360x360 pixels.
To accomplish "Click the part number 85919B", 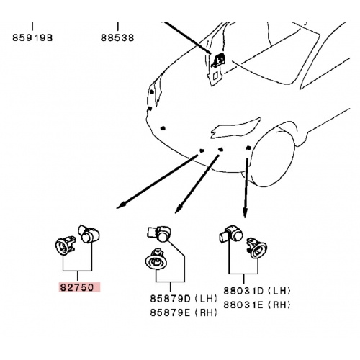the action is (32, 38).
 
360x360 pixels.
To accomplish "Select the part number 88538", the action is (117, 38).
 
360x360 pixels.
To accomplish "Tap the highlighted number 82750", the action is (77, 287).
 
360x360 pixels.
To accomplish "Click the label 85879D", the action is (170, 299).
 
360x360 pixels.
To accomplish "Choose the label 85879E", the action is (170, 312).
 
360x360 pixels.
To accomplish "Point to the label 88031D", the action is (243, 291).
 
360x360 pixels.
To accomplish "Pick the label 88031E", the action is (243, 305).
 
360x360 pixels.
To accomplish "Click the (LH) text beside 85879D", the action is (206, 299).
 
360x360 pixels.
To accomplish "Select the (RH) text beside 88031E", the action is (279, 305).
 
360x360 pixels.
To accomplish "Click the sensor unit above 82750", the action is (89, 234).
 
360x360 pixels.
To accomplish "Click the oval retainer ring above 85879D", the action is (156, 260).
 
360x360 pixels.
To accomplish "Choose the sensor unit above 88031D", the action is (230, 234).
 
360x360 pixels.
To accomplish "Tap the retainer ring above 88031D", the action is (257, 248).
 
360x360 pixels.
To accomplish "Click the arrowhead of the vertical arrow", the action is (245, 212).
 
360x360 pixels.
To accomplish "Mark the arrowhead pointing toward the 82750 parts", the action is (121, 205).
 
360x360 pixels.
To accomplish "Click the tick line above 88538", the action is (117, 27).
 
